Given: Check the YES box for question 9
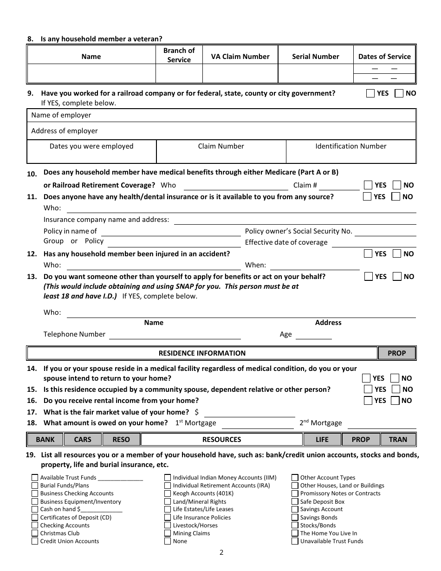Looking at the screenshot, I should point(370,93).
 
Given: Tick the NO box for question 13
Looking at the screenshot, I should point(397,277).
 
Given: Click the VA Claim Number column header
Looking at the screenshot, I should point(240,57).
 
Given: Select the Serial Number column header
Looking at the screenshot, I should point(315,57).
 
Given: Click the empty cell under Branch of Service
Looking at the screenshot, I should point(179,74).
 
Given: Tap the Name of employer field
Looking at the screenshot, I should point(221,115).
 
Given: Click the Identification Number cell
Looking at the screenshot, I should point(350,152).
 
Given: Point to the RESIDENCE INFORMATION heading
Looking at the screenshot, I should point(202,353).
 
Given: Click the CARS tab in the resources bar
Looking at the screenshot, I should point(83,440).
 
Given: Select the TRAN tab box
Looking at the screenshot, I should point(398,440).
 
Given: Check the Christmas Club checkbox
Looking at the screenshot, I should point(35,533).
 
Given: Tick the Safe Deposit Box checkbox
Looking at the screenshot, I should point(295,501).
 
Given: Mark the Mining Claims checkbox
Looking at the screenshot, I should point(168,533).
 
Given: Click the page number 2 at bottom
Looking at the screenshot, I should point(221,552).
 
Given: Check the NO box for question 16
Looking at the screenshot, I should point(395,401).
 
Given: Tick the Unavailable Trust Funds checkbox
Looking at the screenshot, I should point(295,541).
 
